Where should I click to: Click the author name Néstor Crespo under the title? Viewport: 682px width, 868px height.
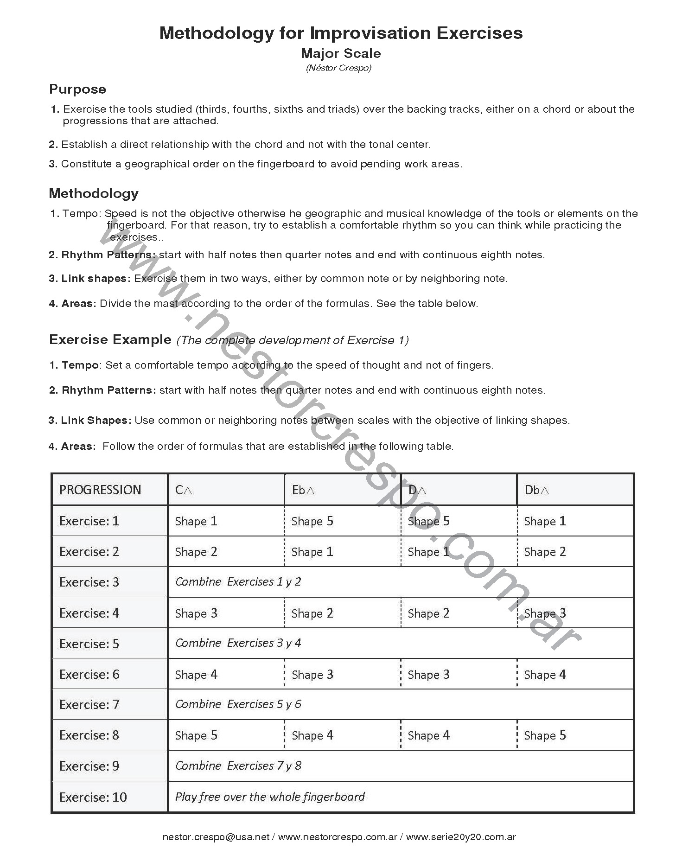[x=338, y=68]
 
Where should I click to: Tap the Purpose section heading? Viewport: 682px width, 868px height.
[x=77, y=89]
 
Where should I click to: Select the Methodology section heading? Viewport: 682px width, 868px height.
[x=94, y=193]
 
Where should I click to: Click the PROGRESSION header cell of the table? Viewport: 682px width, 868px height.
[x=100, y=490]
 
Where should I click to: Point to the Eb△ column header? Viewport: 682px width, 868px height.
[x=303, y=490]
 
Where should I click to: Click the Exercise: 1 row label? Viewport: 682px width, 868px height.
[x=89, y=521]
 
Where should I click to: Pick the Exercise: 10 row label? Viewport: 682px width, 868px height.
[x=93, y=797]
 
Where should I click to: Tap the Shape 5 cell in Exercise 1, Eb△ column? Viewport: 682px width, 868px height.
[x=312, y=521]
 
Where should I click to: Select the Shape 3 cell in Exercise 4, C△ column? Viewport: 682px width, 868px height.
[x=196, y=613]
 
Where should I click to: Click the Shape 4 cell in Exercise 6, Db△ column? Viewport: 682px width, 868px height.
[x=545, y=675]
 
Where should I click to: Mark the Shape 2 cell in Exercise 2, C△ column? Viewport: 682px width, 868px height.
[x=196, y=552]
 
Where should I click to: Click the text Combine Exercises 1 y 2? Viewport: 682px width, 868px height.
[x=238, y=582]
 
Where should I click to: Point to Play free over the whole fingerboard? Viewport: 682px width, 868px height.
[x=270, y=797]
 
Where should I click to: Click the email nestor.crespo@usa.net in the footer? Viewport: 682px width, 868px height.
[x=216, y=837]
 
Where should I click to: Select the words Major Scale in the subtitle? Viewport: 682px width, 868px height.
[x=341, y=53]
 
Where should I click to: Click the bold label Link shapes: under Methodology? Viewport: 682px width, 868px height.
[x=89, y=279]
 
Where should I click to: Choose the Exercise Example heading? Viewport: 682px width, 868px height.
[x=110, y=340]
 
